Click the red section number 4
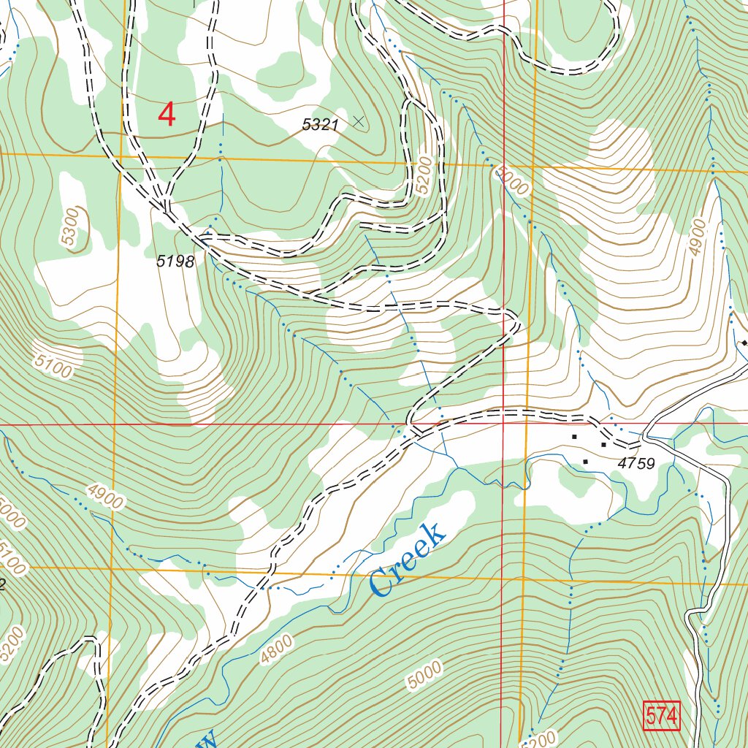(167, 115)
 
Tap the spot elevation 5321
(321, 125)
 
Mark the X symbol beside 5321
(358, 121)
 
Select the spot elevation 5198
(176, 262)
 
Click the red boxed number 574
(662, 716)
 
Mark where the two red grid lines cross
(503, 423)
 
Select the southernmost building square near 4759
(585, 462)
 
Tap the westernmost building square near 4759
(574, 437)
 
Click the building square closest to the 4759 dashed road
(603, 444)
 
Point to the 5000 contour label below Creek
(424, 673)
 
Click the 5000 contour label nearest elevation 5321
(510, 180)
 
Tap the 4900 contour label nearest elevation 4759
(697, 237)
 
